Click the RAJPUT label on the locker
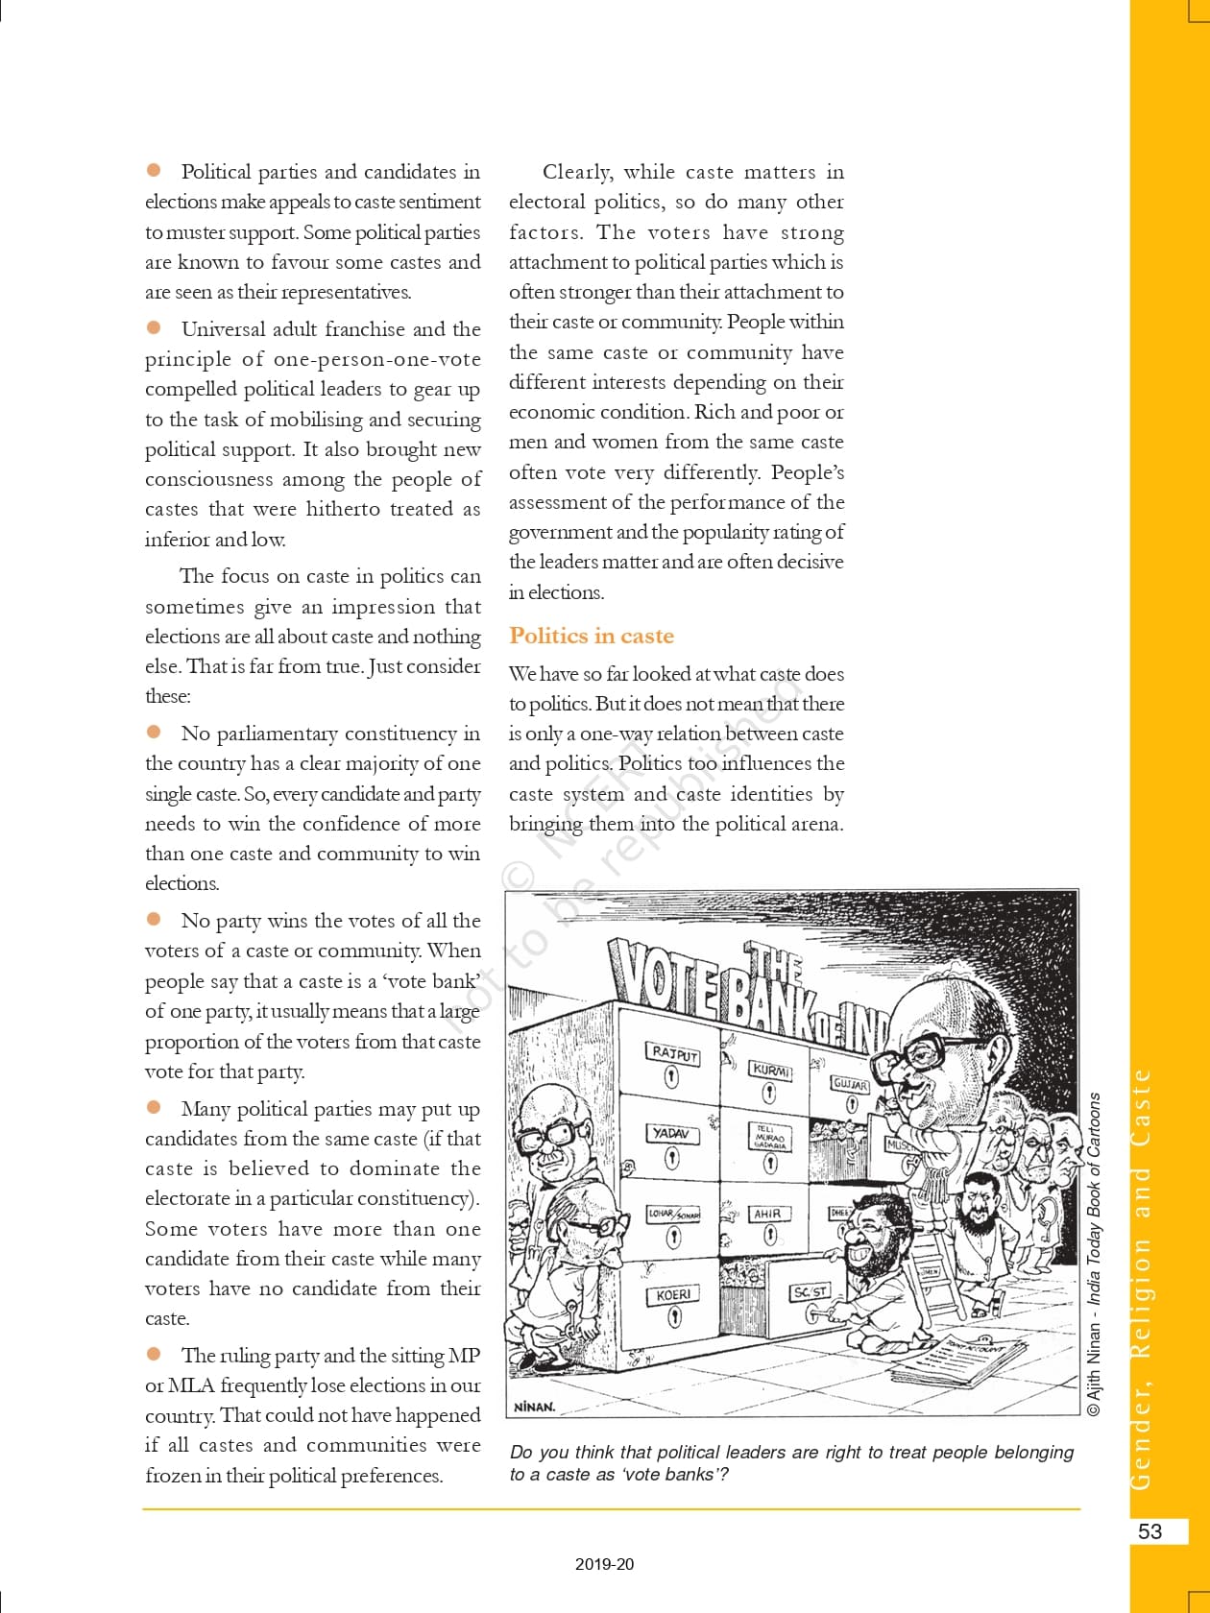[x=674, y=1053]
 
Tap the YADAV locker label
[x=671, y=1134]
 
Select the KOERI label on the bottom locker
[x=673, y=1294]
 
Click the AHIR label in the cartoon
[x=767, y=1214]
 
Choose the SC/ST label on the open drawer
[x=810, y=1292]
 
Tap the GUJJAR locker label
[x=851, y=1085]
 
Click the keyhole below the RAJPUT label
[x=672, y=1077]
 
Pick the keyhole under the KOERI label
[x=674, y=1317]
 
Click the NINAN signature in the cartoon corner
[x=535, y=1407]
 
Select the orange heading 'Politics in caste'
[x=592, y=636]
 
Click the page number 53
[x=1149, y=1530]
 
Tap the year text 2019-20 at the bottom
[x=605, y=1564]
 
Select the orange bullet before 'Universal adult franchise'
[x=154, y=327]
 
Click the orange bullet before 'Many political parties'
[x=154, y=1107]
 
